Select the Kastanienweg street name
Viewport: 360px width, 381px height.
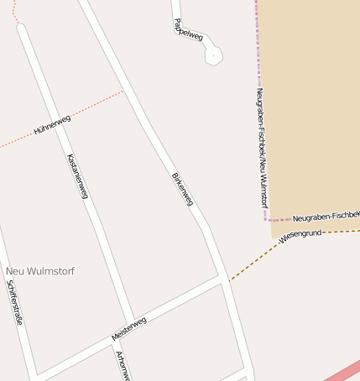[77, 177]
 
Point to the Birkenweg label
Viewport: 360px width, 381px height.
[182, 190]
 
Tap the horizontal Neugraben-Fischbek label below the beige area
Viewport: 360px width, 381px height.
[326, 217]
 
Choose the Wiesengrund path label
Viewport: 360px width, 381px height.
[300, 235]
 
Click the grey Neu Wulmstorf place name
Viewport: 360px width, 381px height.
[40, 271]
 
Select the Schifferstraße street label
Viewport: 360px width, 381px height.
[13, 302]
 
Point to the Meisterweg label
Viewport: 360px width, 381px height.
[129, 328]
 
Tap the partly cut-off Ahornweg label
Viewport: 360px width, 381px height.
[121, 366]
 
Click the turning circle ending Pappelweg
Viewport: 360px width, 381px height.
[213, 55]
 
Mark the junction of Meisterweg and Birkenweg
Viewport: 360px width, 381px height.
[222, 279]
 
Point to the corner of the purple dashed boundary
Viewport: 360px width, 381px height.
[268, 219]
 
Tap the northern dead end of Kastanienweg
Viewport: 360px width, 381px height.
[21, 28]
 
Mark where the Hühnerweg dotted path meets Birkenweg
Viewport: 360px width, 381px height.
[124, 91]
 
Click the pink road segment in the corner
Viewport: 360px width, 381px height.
[344, 369]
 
